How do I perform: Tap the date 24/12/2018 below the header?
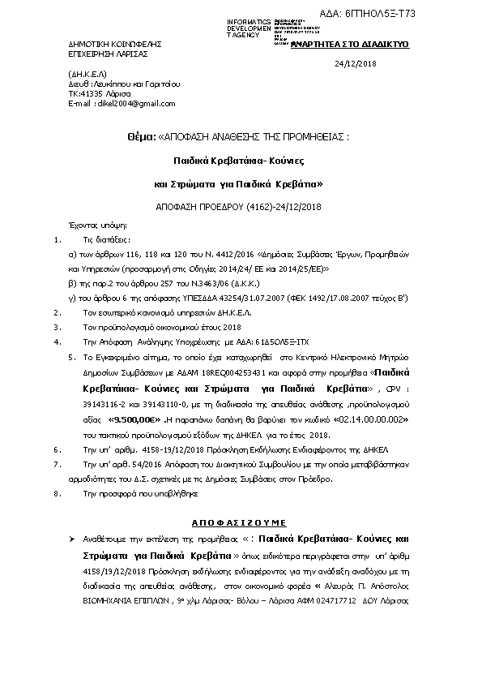pos(356,63)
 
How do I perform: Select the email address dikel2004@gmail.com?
pos(125,104)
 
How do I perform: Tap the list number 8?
pos(55,492)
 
